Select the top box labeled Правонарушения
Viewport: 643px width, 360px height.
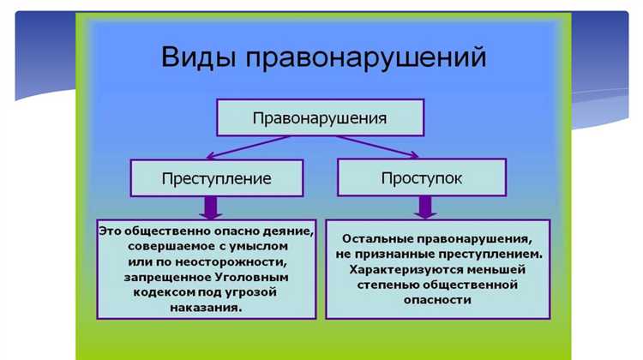[x=320, y=117]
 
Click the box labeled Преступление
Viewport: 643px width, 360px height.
[x=216, y=178]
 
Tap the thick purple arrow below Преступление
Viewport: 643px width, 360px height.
[x=211, y=207]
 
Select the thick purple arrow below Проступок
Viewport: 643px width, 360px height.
[x=424, y=207]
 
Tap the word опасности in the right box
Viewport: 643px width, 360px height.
[x=438, y=300]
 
